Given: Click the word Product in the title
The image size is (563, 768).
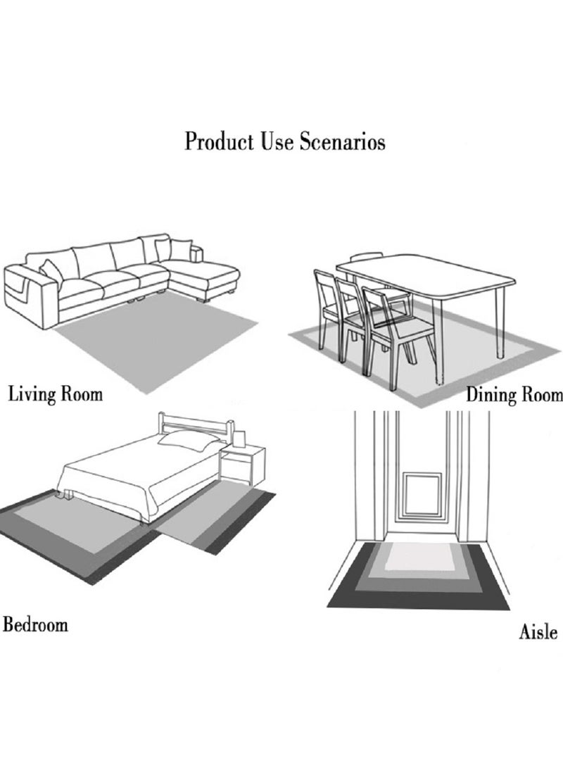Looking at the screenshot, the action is [x=219, y=141].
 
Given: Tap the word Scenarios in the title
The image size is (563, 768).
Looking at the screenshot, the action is [x=342, y=141].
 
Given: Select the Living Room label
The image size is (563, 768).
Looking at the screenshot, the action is [x=56, y=394].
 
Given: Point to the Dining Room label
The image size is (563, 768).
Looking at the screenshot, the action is [x=514, y=394].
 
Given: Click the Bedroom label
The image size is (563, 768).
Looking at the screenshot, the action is [x=35, y=624].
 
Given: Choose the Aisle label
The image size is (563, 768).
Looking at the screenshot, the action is [x=538, y=631].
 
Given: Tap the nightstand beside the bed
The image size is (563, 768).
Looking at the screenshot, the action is [x=243, y=465].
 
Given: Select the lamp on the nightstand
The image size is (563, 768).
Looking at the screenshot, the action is [x=239, y=439].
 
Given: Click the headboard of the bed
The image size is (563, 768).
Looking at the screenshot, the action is [x=196, y=425].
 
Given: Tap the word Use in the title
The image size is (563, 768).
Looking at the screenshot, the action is [x=277, y=141].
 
